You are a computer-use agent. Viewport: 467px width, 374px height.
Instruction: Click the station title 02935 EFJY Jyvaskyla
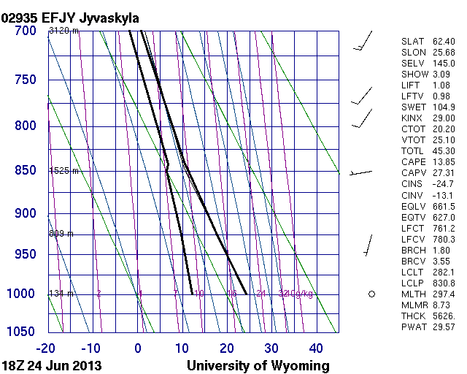(70, 17)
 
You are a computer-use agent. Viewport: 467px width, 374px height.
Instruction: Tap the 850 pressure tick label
(26, 170)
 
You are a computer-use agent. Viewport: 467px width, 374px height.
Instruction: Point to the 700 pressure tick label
(26, 31)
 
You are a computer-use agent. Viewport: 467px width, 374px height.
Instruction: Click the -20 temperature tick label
(47, 348)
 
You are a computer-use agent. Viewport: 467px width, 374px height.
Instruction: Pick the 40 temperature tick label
(316, 348)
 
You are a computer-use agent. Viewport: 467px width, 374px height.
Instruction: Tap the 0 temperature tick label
(138, 348)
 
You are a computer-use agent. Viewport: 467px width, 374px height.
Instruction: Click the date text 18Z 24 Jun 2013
(51, 365)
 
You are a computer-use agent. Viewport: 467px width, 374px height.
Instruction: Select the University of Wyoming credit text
(258, 365)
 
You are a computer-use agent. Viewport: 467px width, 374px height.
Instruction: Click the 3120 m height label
(63, 31)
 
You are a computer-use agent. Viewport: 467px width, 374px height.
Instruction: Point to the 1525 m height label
(63, 170)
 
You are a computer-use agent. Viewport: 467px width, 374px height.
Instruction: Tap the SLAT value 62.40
(443, 42)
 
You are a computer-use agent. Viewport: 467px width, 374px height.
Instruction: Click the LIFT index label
(412, 85)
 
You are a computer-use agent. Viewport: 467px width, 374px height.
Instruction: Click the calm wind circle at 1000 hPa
(371, 294)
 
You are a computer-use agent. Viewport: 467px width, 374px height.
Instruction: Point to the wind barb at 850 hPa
(360, 172)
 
